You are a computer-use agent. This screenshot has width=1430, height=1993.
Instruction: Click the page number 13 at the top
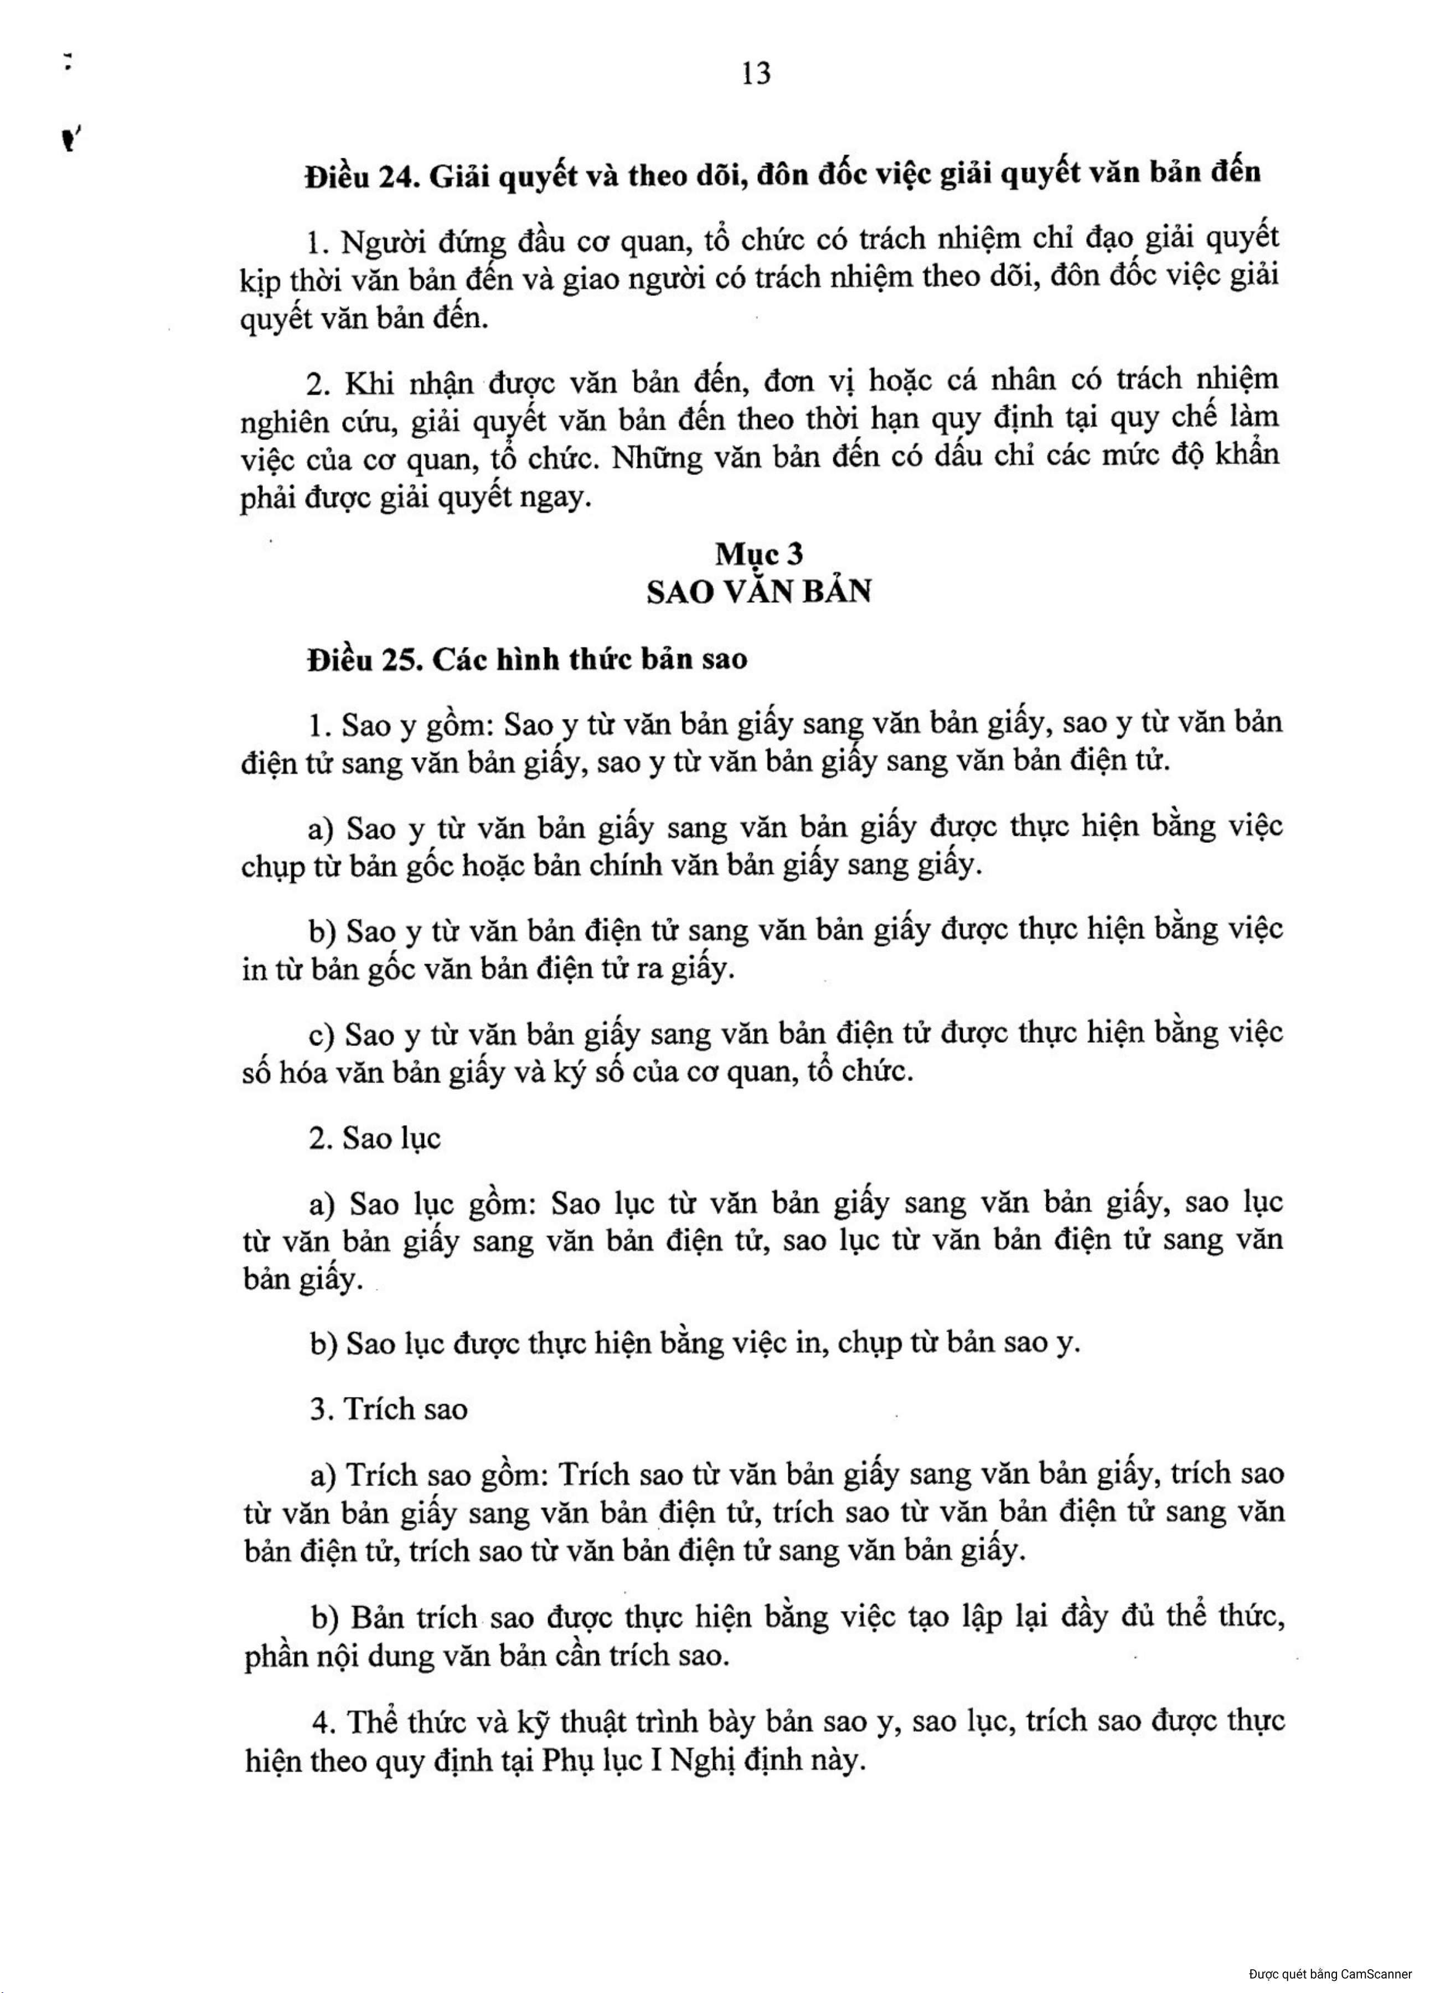pyautogui.click(x=755, y=74)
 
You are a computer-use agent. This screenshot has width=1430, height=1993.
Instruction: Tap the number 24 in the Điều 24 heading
pyautogui.click(x=399, y=177)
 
